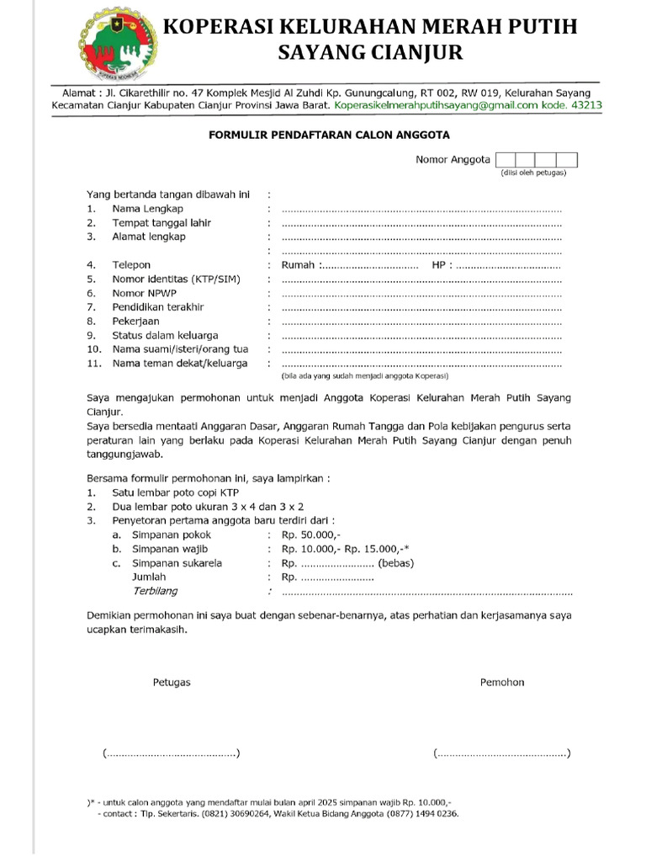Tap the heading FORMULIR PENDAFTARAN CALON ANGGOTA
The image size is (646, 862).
[329, 135]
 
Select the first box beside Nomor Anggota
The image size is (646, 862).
[505, 160]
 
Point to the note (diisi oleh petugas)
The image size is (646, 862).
[533, 173]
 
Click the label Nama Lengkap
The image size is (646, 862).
[148, 209]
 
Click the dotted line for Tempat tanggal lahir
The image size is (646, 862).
[421, 224]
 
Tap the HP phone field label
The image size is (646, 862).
[438, 265]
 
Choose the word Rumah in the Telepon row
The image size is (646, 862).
[298, 265]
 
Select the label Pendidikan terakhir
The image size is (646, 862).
[158, 307]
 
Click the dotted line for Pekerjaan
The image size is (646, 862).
[421, 322]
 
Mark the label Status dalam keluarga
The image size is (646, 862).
[166, 335]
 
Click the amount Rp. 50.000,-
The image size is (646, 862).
[310, 535]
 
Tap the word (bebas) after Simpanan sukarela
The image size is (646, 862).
[396, 563]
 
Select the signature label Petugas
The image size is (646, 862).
[172, 682]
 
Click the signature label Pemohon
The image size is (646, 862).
[502, 682]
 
